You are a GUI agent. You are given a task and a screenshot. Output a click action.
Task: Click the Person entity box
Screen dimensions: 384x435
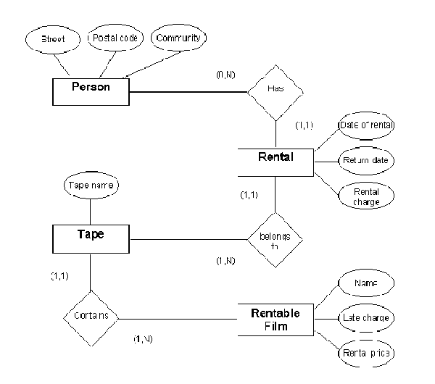click(91, 91)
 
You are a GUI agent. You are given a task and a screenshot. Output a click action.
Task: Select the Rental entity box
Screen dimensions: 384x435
click(276, 160)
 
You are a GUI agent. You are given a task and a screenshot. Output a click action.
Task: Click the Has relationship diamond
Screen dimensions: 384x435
click(275, 91)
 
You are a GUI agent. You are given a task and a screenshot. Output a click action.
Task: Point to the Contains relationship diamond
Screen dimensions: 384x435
click(90, 317)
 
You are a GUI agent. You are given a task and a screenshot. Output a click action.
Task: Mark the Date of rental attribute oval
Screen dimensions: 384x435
click(367, 125)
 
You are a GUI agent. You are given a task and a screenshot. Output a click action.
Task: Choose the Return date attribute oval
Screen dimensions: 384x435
click(367, 160)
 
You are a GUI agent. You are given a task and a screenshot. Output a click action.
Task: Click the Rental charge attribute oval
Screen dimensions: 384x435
click(367, 196)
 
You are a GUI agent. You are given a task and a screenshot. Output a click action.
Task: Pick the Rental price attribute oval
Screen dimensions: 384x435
click(365, 353)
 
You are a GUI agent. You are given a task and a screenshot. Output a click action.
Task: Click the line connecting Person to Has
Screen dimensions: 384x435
click(188, 92)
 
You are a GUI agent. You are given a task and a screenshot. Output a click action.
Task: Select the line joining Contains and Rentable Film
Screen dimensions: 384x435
click(178, 318)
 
